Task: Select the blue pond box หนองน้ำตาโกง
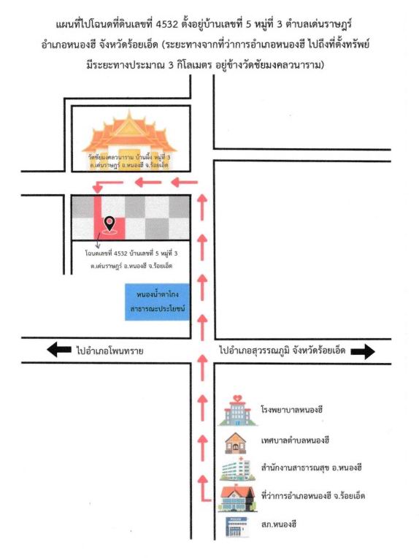coord(157,302)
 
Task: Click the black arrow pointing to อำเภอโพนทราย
coord(59,349)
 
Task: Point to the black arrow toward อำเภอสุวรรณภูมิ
coord(363,351)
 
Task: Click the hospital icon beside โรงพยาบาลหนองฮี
coord(237,410)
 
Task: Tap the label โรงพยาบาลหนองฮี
coord(292,409)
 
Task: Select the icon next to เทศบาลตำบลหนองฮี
coord(236,443)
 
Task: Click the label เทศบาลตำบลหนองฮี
coord(295,440)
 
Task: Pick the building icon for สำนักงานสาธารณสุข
coord(237,470)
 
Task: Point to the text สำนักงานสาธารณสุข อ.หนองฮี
coord(311,467)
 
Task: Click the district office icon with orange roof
coord(237,499)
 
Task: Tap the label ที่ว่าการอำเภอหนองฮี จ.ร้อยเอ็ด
coord(313,495)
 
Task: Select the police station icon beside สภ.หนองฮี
coord(237,527)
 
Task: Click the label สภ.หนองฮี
coord(279,524)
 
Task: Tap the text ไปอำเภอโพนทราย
coord(109,351)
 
